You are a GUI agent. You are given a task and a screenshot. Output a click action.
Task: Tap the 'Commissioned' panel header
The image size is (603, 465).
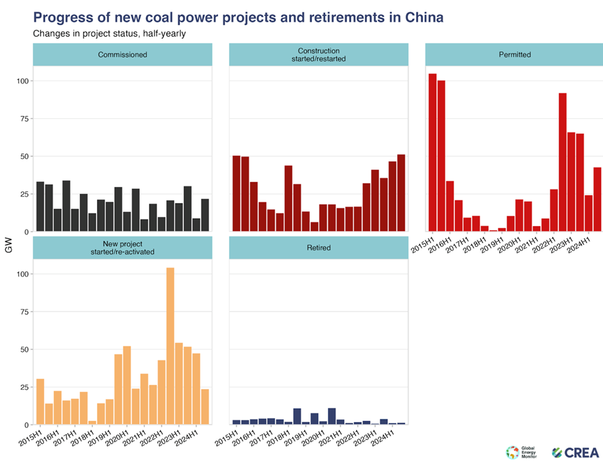pos(122,55)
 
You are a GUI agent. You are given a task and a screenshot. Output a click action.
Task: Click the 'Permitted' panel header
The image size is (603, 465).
pos(514,55)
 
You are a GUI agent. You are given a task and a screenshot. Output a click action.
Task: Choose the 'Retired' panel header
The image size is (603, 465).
pos(318,247)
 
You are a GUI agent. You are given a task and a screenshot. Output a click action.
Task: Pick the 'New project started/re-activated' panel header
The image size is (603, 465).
pos(122,247)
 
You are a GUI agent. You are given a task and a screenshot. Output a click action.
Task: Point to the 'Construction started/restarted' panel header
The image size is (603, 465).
pos(318,55)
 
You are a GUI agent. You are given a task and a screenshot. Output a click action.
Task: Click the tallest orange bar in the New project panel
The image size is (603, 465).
pos(170,346)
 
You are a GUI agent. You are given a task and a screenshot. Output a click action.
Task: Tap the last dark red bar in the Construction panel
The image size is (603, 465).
pos(401,193)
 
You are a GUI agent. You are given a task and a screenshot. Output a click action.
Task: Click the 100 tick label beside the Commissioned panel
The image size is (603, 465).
pos(21,81)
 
